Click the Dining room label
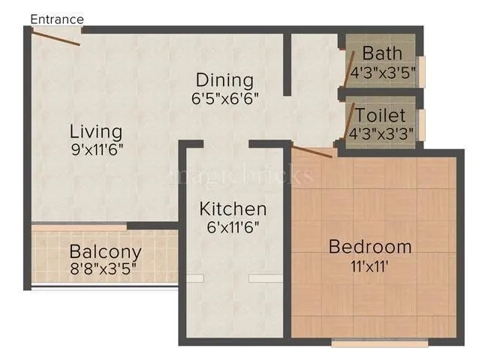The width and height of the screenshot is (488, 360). click(x=224, y=79)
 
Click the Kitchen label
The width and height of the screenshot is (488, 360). click(x=233, y=208)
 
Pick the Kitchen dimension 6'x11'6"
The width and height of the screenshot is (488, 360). click(x=232, y=225)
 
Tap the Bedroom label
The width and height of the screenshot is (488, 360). click(x=370, y=246)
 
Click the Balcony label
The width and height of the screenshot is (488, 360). click(x=105, y=250)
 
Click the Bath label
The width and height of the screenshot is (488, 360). click(x=381, y=54)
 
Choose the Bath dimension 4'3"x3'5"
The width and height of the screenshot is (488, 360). click(x=382, y=73)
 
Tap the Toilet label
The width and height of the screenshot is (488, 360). click(x=381, y=115)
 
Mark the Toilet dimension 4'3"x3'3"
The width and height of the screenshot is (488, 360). click(x=382, y=134)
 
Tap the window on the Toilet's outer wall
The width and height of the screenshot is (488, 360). click(x=421, y=121)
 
